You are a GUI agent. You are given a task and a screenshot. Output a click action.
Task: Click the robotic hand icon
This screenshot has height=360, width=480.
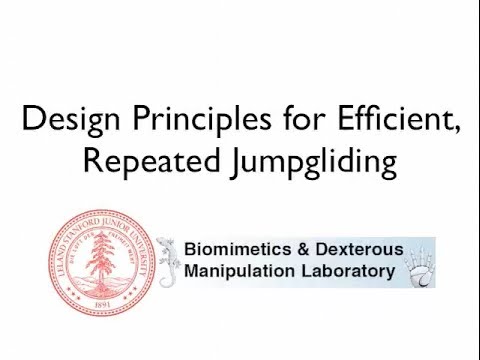415,262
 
